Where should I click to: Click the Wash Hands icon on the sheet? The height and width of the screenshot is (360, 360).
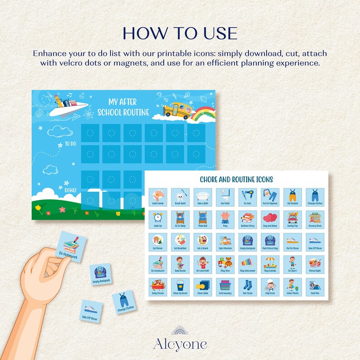click(158, 197)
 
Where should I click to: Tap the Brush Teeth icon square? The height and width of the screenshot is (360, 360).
click(180, 197)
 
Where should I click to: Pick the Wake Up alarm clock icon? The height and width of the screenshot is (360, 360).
click(158, 219)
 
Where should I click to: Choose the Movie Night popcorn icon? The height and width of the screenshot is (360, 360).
click(315, 264)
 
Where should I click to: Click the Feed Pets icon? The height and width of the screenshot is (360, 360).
click(315, 287)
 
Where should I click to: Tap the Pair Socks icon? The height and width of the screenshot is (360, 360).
click(248, 287)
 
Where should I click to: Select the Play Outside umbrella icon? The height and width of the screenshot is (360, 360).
click(270, 264)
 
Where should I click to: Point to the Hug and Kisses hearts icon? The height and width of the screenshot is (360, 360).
click(270, 219)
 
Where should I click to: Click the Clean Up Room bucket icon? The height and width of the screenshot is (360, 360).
click(180, 287)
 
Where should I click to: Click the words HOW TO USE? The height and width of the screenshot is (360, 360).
click(180, 34)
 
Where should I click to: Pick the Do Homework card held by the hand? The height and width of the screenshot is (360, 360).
click(71, 248)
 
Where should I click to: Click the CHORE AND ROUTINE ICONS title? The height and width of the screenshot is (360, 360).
click(236, 180)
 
